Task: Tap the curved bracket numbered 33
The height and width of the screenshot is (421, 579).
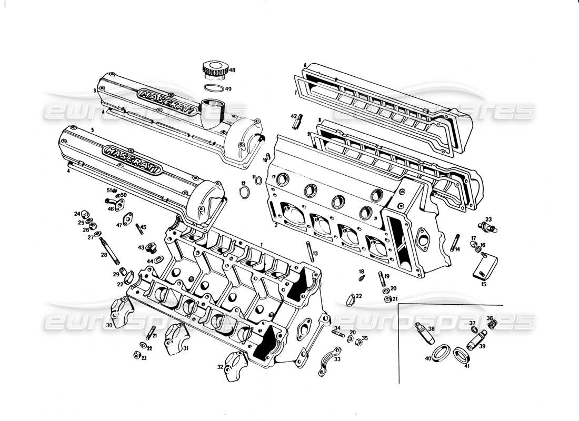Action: [x=327, y=362]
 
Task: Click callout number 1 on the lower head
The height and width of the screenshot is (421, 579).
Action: [x=261, y=244]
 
